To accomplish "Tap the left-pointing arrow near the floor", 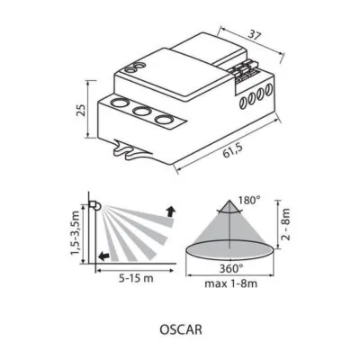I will click(x=105, y=256).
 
